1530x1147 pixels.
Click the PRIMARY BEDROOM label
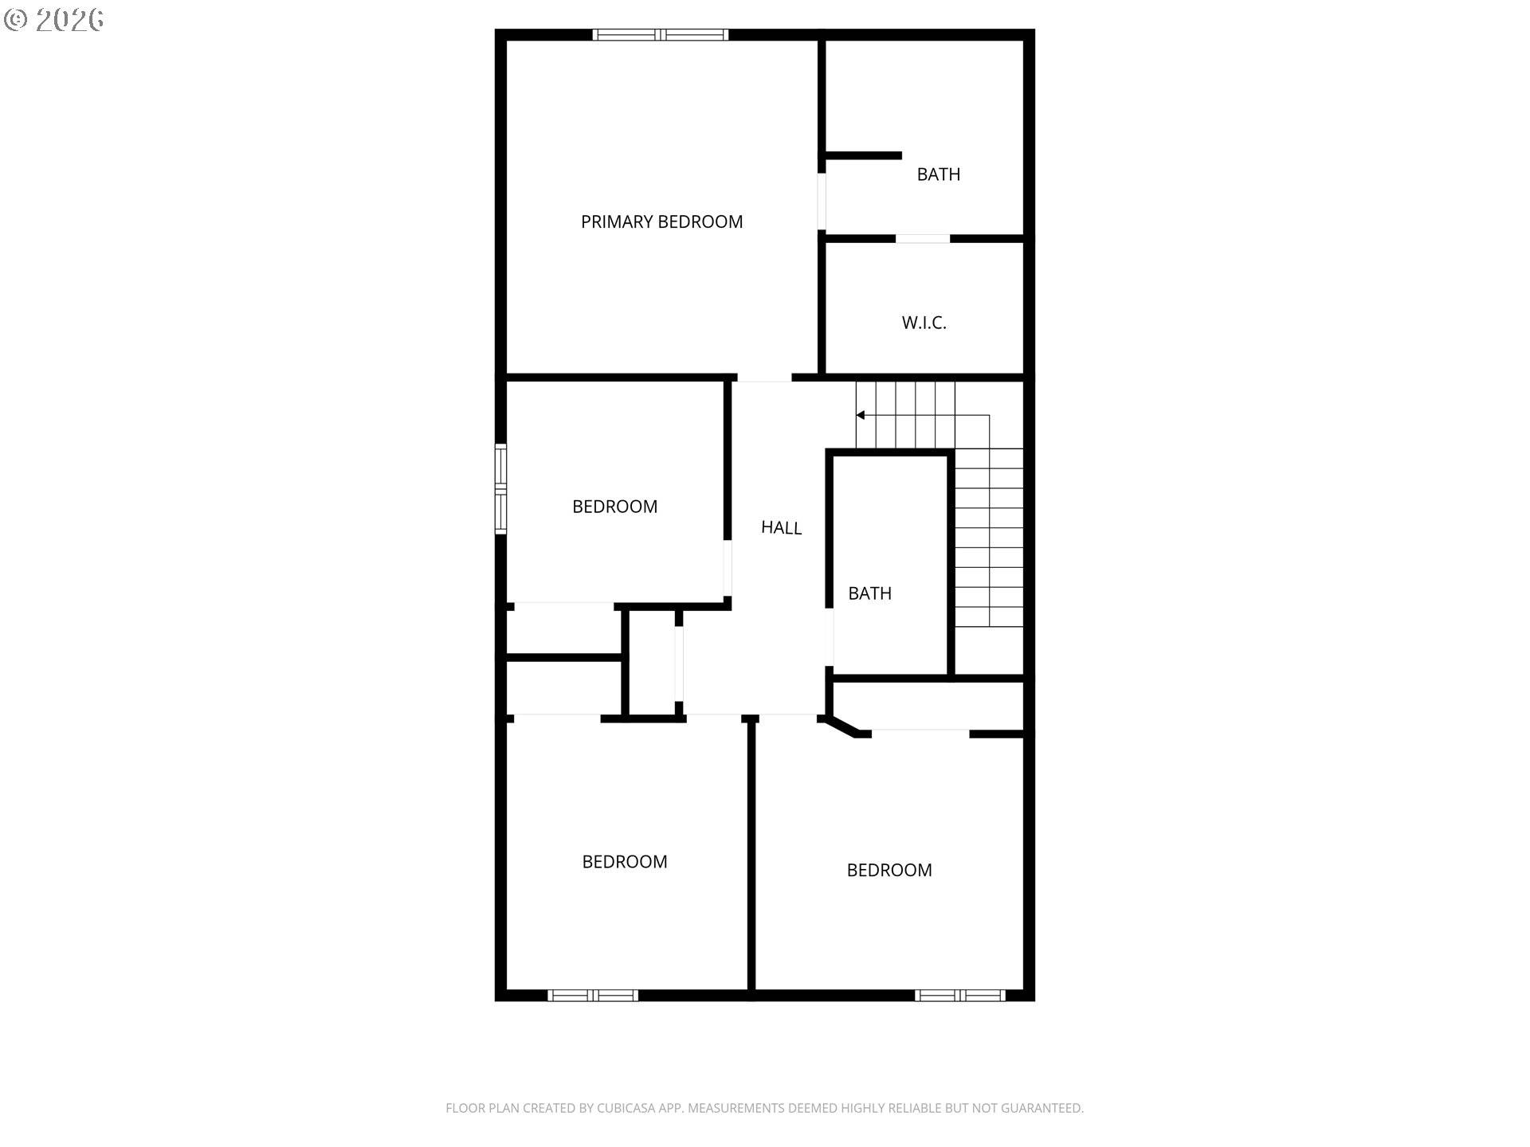tap(661, 222)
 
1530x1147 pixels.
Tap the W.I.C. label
tap(924, 323)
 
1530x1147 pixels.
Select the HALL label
tap(781, 527)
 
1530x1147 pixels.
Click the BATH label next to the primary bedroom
tap(938, 174)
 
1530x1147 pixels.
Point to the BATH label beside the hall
tap(869, 593)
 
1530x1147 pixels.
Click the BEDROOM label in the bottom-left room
tap(625, 862)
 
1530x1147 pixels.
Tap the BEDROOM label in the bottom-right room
tap(889, 871)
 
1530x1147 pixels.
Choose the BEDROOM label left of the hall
tap(614, 507)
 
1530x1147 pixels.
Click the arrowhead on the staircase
tap(861, 415)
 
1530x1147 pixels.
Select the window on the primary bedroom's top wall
tap(661, 35)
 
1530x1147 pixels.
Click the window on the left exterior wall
tap(500, 488)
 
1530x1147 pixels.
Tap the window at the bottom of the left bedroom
tap(593, 995)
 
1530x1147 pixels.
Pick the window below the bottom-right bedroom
tap(960, 995)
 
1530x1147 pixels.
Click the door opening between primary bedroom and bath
tap(822, 202)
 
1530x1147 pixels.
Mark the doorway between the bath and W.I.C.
tap(923, 239)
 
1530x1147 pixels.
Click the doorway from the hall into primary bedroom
tap(763, 378)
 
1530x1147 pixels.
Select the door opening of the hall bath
tap(830, 637)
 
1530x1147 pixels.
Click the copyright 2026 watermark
tap(54, 20)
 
